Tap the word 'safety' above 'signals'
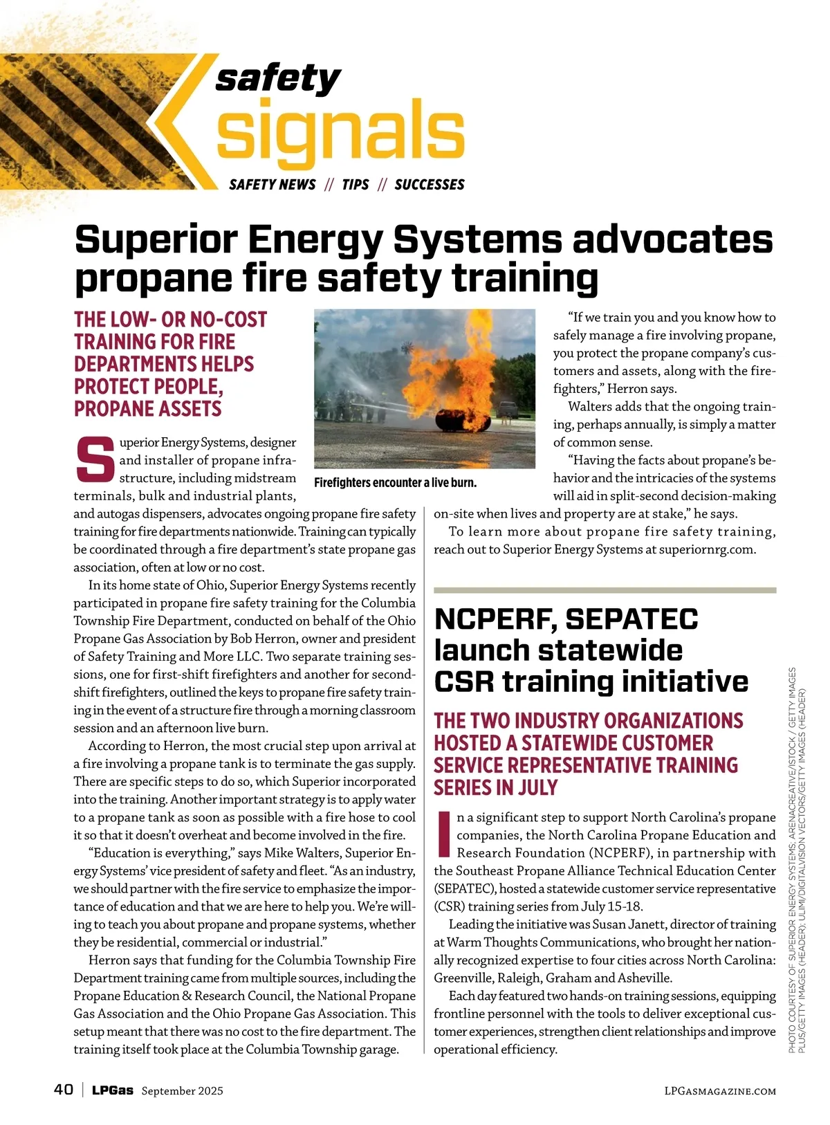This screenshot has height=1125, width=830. tap(278, 77)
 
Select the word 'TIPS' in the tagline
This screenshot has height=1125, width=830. tap(356, 185)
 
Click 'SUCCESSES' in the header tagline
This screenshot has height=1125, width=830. tap(430, 185)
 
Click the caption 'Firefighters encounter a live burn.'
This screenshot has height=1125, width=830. tap(395, 483)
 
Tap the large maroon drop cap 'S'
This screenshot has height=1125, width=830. tap(95, 459)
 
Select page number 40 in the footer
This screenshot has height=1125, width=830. tap(64, 1090)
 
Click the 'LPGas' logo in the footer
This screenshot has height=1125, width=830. tap(113, 1090)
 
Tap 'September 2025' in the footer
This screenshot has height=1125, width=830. tap(183, 1091)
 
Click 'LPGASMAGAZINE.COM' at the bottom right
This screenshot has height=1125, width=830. tap(719, 1091)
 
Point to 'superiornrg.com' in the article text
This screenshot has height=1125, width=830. tap(708, 549)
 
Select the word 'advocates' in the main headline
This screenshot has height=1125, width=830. tap(672, 240)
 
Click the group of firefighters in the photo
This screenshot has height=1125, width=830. tap(349, 408)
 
